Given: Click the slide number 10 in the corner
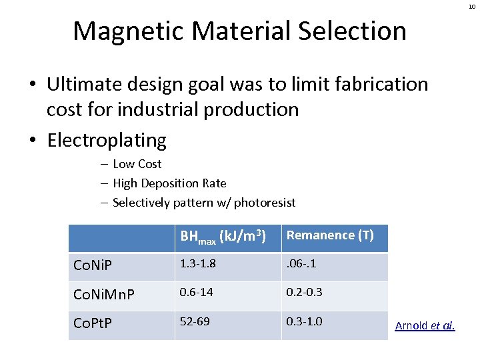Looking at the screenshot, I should [471, 6].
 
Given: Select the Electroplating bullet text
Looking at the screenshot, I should [107, 140].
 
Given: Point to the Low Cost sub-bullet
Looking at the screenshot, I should [137, 164].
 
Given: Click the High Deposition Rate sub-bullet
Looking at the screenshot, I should [169, 183].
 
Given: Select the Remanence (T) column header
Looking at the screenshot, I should [330, 235].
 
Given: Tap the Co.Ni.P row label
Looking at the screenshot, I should [93, 267].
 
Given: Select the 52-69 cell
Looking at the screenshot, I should [194, 321].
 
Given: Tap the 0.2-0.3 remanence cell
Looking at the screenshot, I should [304, 292].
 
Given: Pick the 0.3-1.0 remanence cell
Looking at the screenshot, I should [304, 321].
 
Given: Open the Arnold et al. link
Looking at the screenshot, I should [425, 325].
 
